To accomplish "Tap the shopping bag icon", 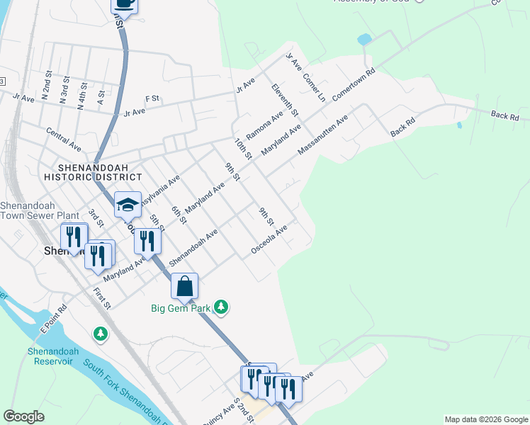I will (x=184, y=286).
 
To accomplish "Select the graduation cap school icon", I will (x=128, y=205).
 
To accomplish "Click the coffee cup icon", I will (x=125, y=4).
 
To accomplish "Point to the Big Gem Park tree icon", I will (x=222, y=307).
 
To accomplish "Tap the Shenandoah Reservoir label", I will (x=55, y=356).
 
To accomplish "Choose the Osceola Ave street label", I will (x=269, y=241).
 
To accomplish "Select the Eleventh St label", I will (x=285, y=99).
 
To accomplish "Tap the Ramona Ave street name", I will (x=264, y=125).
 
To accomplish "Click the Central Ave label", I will (x=64, y=139).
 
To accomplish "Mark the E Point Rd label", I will (x=53, y=319).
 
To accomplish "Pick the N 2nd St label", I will (x=47, y=87).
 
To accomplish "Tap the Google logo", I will (x=24, y=416).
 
